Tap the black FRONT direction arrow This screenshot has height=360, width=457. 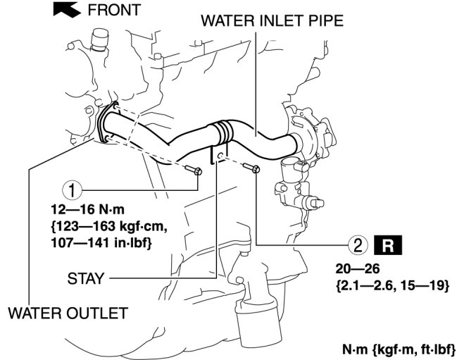coord(67,9)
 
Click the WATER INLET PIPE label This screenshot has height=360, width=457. coord(272,20)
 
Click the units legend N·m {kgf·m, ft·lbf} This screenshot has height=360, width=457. coord(399,348)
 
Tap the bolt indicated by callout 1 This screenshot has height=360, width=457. coord(196,170)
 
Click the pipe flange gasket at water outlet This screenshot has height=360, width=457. coord(106,123)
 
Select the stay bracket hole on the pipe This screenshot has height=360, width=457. coord(220,155)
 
